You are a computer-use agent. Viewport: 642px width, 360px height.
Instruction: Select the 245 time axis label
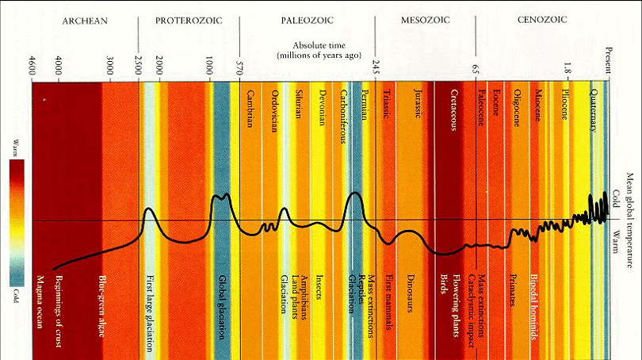tap(376, 67)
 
